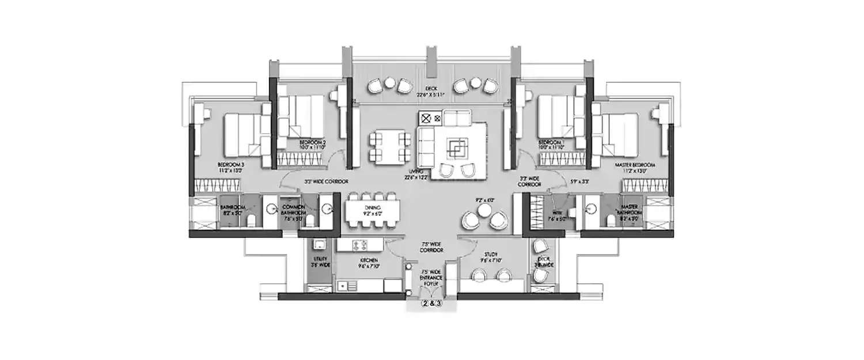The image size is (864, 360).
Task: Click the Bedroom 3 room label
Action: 230,168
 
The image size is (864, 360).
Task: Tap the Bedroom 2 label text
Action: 312,144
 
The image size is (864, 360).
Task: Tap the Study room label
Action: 490,256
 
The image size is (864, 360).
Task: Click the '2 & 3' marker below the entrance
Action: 432,303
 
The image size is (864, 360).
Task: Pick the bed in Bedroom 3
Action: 241,132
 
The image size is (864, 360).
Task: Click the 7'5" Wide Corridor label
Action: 432,248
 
